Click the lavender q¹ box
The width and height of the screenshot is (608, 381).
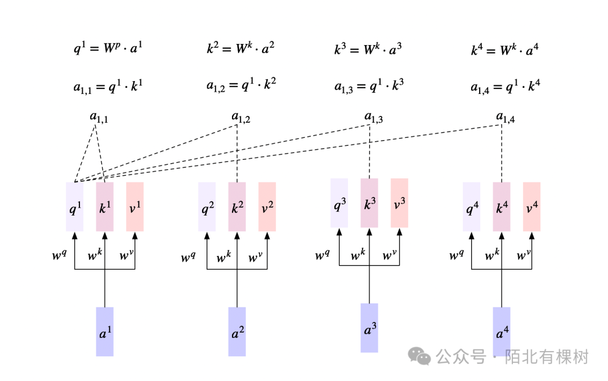tap(74, 207)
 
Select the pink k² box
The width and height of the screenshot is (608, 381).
tap(237, 207)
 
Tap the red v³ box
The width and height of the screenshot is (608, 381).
tap(399, 203)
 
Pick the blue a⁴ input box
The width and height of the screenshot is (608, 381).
tap(502, 331)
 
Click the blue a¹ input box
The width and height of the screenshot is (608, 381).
tap(105, 331)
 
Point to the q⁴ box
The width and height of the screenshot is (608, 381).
tap(471, 207)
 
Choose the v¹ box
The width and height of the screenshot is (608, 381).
tap(135, 207)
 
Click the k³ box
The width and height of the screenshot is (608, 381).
tap(369, 203)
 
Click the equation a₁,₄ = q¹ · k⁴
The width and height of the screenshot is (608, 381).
tap(506, 87)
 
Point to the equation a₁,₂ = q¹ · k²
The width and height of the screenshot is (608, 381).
tap(241, 86)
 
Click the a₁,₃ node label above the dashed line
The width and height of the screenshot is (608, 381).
tap(373, 117)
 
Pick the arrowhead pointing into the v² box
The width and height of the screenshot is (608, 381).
tap(267, 236)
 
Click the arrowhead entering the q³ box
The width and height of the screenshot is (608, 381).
tap(339, 232)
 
